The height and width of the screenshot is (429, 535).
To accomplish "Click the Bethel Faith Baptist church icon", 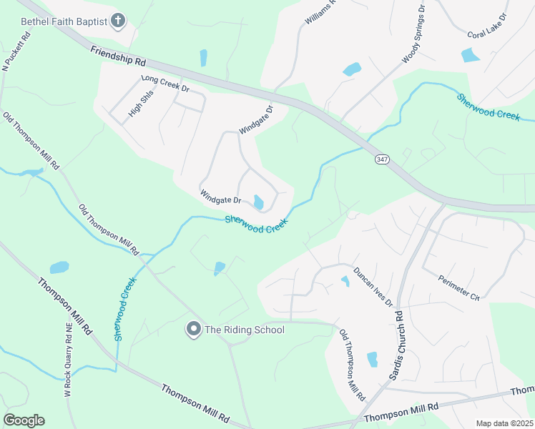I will (119, 21).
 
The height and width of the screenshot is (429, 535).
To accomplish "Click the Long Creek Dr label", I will (165, 84).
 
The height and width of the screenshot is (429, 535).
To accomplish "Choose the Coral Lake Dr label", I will (486, 25).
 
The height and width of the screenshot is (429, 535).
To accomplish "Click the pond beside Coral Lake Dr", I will (471, 54).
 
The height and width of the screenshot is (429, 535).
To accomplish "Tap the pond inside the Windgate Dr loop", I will (258, 202).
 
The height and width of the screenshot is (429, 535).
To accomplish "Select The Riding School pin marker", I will (193, 330).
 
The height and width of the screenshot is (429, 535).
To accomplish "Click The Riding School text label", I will (245, 330).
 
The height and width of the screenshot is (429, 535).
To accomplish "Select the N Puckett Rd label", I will (17, 51).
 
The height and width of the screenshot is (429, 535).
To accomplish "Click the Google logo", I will (24, 420).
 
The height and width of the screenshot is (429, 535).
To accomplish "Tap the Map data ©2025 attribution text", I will (504, 423).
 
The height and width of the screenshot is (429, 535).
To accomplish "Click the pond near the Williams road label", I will (352, 69).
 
